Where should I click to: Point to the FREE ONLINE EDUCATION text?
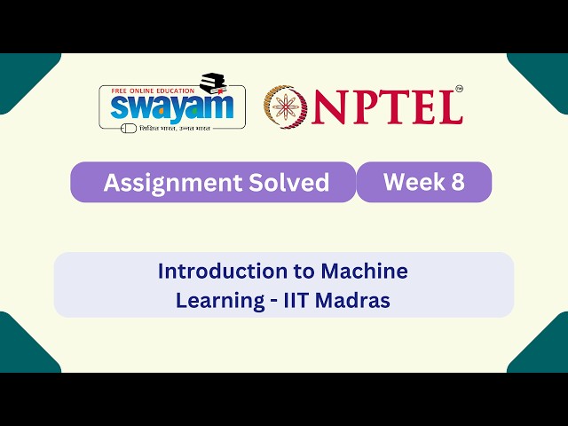(150, 91)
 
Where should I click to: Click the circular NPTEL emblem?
(285, 106)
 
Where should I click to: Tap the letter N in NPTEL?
(329, 107)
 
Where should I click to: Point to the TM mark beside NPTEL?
(459, 89)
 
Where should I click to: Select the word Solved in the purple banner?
(287, 183)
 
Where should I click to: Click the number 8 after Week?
(456, 182)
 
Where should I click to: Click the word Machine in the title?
(365, 271)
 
